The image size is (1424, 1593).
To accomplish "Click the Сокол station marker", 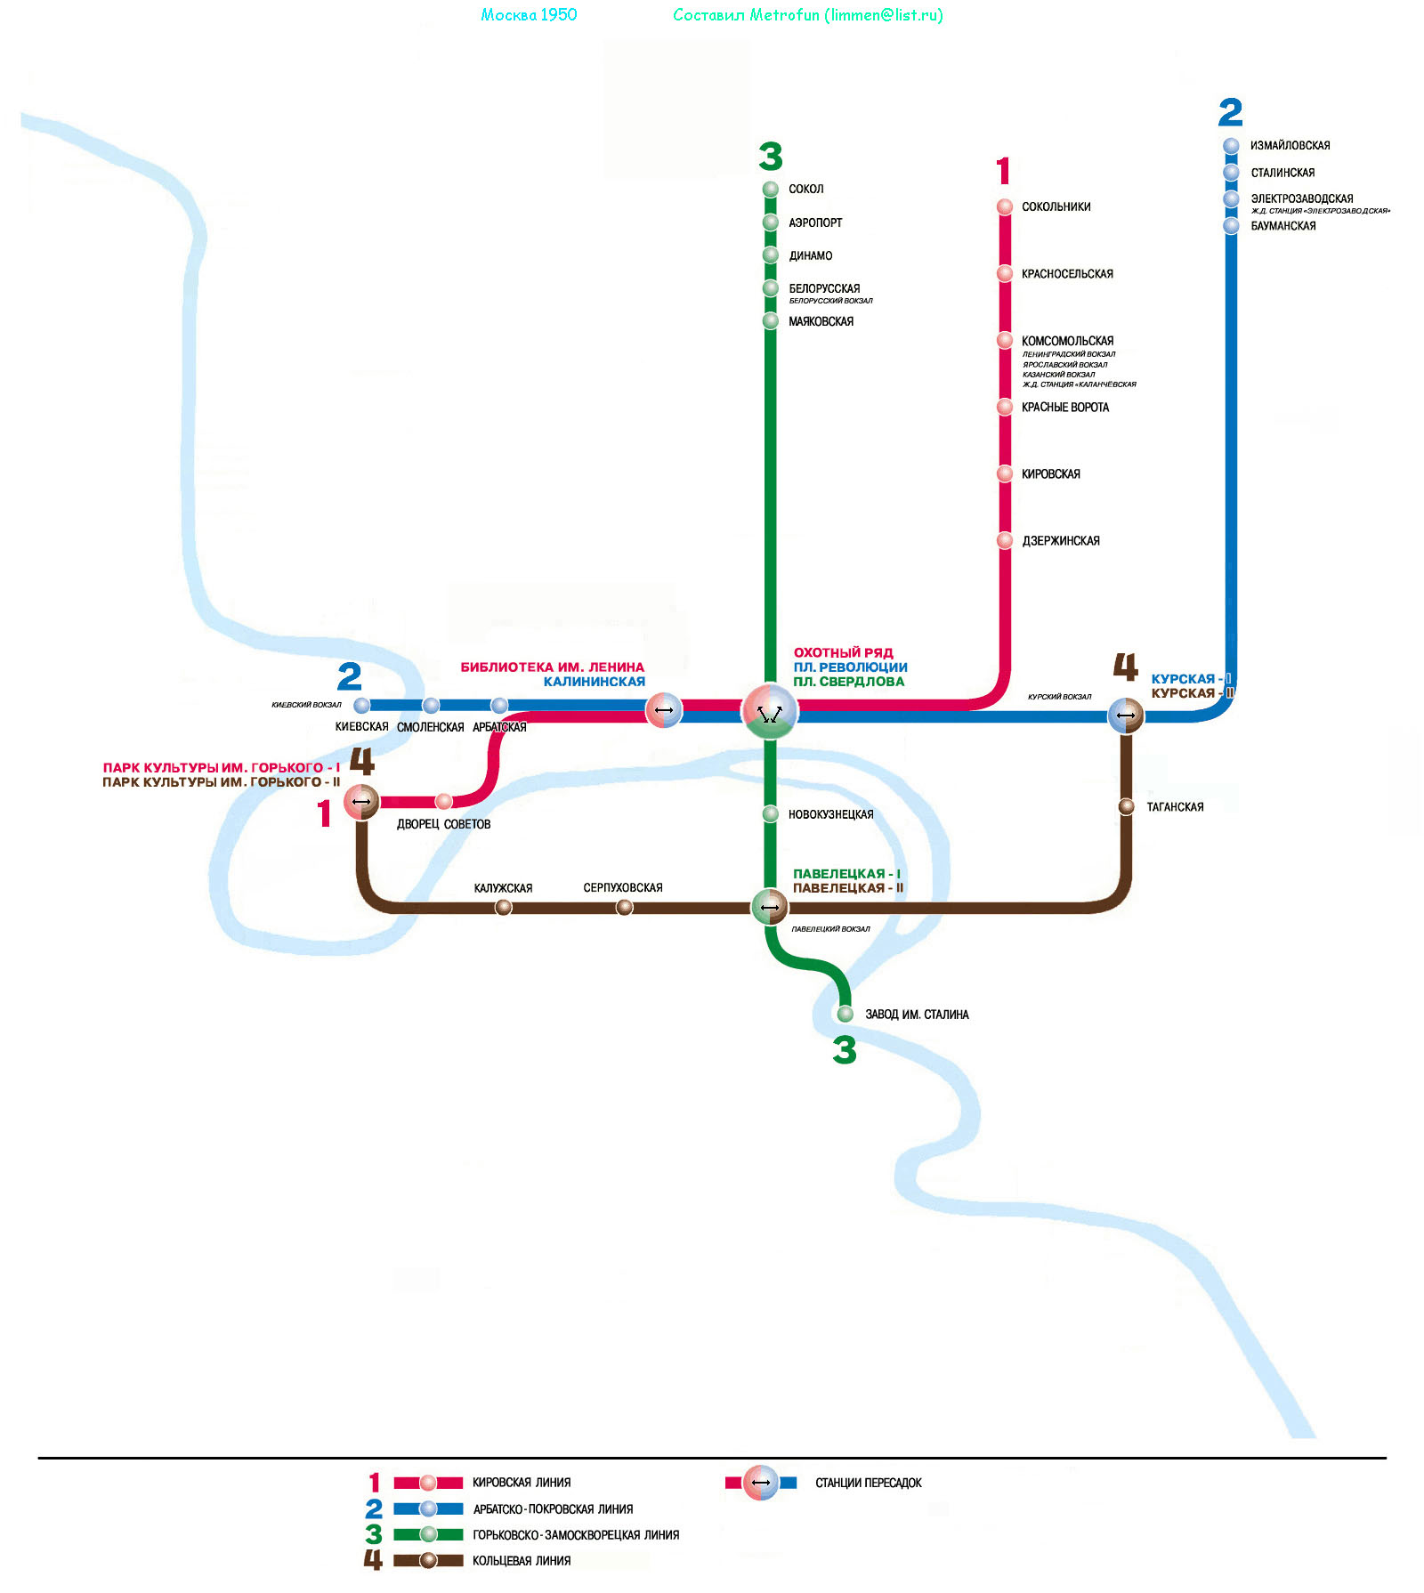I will (x=771, y=189).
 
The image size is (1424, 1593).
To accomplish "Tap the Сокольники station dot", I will (x=1005, y=206).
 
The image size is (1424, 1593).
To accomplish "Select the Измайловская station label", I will (x=1290, y=145).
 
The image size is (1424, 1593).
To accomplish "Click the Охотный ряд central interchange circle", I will (x=770, y=711).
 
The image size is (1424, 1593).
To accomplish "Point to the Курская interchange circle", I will (x=1126, y=715).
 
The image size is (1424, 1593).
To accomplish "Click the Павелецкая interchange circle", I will (x=770, y=907).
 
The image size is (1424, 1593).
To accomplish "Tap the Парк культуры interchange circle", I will (x=361, y=802).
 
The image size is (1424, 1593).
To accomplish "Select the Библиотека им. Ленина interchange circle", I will (x=664, y=710).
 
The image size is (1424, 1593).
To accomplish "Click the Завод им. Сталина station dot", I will (x=845, y=1014).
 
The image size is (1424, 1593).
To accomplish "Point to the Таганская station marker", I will (x=1126, y=806).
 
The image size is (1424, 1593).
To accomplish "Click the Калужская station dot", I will (x=504, y=907).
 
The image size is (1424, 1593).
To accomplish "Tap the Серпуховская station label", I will (x=623, y=887).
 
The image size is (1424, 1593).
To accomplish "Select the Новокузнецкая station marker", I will (x=771, y=813).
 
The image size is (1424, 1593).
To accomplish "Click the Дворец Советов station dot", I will (x=444, y=802).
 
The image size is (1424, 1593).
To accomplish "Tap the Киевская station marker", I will (x=361, y=706).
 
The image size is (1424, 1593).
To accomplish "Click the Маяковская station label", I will (x=821, y=321).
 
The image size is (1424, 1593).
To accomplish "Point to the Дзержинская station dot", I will (x=1005, y=540).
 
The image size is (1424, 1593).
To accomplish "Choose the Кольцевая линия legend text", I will (x=522, y=1560).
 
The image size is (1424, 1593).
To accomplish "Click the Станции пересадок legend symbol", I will (x=761, y=1482).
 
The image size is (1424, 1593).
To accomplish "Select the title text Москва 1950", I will (x=529, y=14).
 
